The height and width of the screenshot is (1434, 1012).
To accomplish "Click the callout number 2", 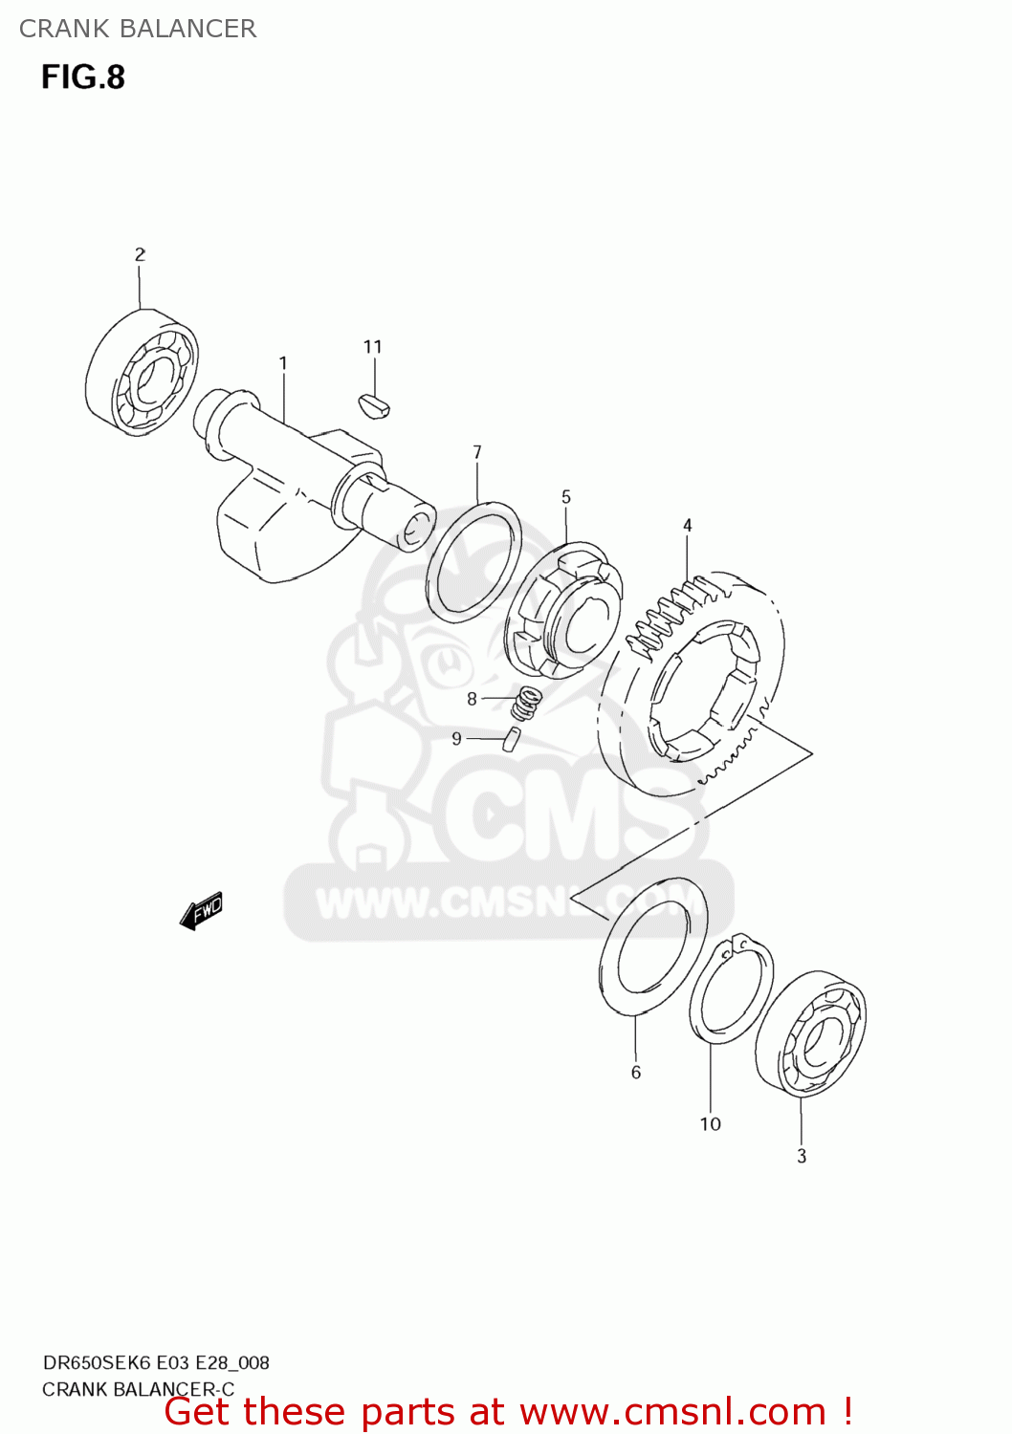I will point(140,254).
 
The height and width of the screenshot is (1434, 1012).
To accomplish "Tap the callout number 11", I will point(373,347).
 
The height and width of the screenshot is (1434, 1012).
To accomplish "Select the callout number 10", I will point(710,1124).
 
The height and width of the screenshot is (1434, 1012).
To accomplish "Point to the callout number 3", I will point(802,1156).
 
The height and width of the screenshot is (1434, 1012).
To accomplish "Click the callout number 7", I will point(477,452).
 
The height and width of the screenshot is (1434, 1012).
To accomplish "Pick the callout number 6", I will point(636,1073).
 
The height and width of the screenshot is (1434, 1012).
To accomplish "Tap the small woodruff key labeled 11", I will point(374,404).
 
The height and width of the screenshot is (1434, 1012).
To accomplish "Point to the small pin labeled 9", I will point(512,739).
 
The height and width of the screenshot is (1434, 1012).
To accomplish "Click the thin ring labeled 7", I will point(473,561).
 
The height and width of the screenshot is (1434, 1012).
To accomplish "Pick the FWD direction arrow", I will point(202,911).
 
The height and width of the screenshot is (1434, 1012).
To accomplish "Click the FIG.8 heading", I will point(83,77).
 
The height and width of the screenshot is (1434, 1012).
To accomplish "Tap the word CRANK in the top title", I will point(64,29).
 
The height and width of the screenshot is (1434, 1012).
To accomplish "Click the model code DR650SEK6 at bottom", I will point(97,1362).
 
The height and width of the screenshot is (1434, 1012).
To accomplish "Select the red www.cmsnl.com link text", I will point(672,1412).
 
